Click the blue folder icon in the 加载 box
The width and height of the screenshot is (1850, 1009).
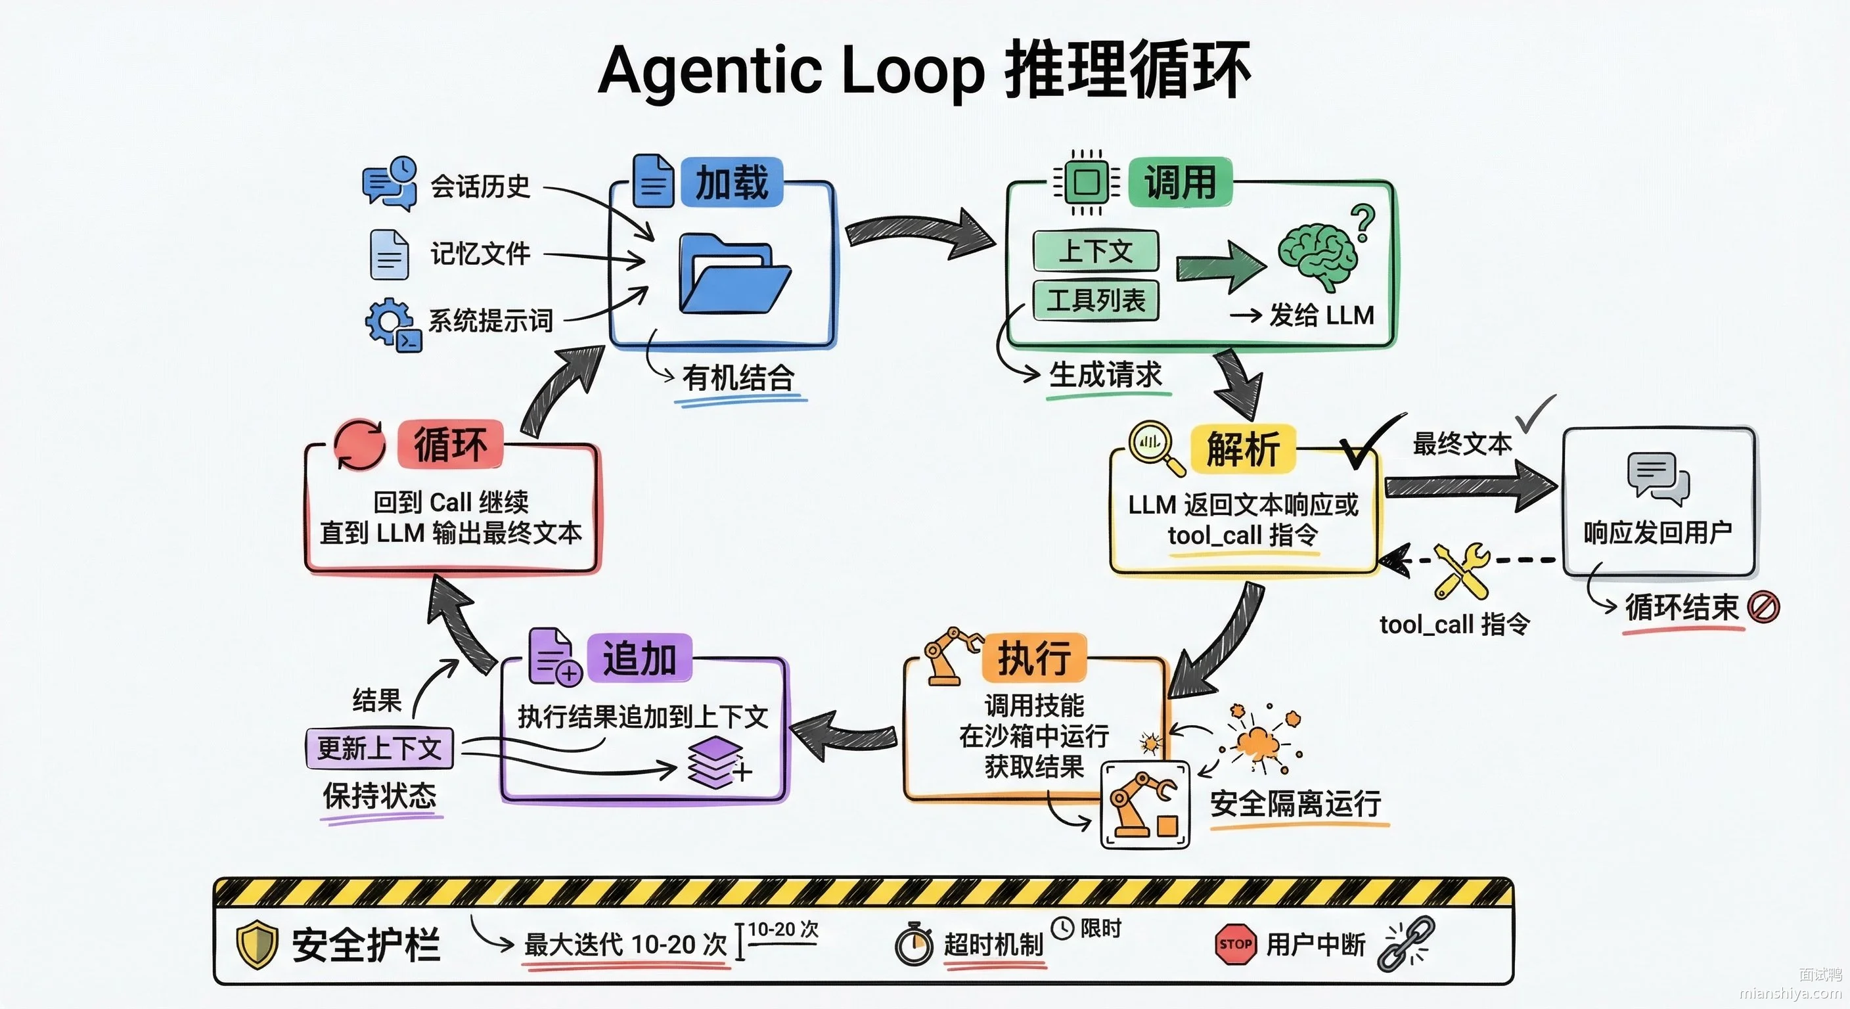(734, 275)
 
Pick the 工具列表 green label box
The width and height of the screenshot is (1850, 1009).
(1095, 300)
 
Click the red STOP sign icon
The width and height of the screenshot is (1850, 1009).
(1235, 944)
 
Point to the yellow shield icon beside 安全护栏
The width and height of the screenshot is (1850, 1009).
(256, 945)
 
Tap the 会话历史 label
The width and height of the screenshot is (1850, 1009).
(480, 187)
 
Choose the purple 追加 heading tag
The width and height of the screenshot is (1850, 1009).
(639, 658)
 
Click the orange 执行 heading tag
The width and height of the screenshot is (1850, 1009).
(1033, 658)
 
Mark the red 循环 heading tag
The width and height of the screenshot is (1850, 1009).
(450, 445)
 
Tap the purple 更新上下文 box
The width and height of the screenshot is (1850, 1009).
(379, 748)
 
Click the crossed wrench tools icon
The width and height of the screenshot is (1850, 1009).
(1462, 571)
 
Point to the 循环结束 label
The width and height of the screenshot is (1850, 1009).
(1681, 608)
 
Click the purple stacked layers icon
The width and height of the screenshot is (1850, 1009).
(715, 763)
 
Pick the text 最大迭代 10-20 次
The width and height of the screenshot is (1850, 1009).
(625, 945)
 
